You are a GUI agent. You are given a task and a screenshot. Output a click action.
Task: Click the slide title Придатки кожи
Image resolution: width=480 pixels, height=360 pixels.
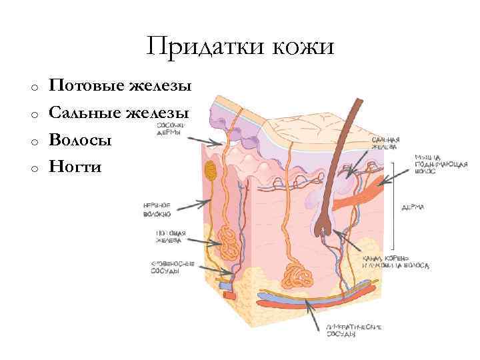(241, 46)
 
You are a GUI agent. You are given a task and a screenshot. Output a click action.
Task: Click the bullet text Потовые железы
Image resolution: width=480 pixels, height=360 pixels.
(120, 86)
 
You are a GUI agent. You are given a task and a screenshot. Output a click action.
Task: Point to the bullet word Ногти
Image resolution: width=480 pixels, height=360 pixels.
(75, 166)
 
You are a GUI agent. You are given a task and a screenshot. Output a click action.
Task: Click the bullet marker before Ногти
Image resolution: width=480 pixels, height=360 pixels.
(32, 167)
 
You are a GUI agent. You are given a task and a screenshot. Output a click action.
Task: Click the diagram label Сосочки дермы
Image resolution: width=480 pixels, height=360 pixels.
(171, 128)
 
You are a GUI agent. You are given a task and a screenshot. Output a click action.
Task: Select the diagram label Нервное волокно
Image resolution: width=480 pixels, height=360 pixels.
(157, 209)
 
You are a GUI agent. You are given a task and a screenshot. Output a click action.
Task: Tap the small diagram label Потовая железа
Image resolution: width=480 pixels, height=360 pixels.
(171, 237)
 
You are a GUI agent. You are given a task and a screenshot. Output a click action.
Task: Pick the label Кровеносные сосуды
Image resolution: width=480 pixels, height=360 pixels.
(172, 267)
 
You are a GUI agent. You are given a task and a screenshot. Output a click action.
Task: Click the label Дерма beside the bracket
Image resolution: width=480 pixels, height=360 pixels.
(413, 207)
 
